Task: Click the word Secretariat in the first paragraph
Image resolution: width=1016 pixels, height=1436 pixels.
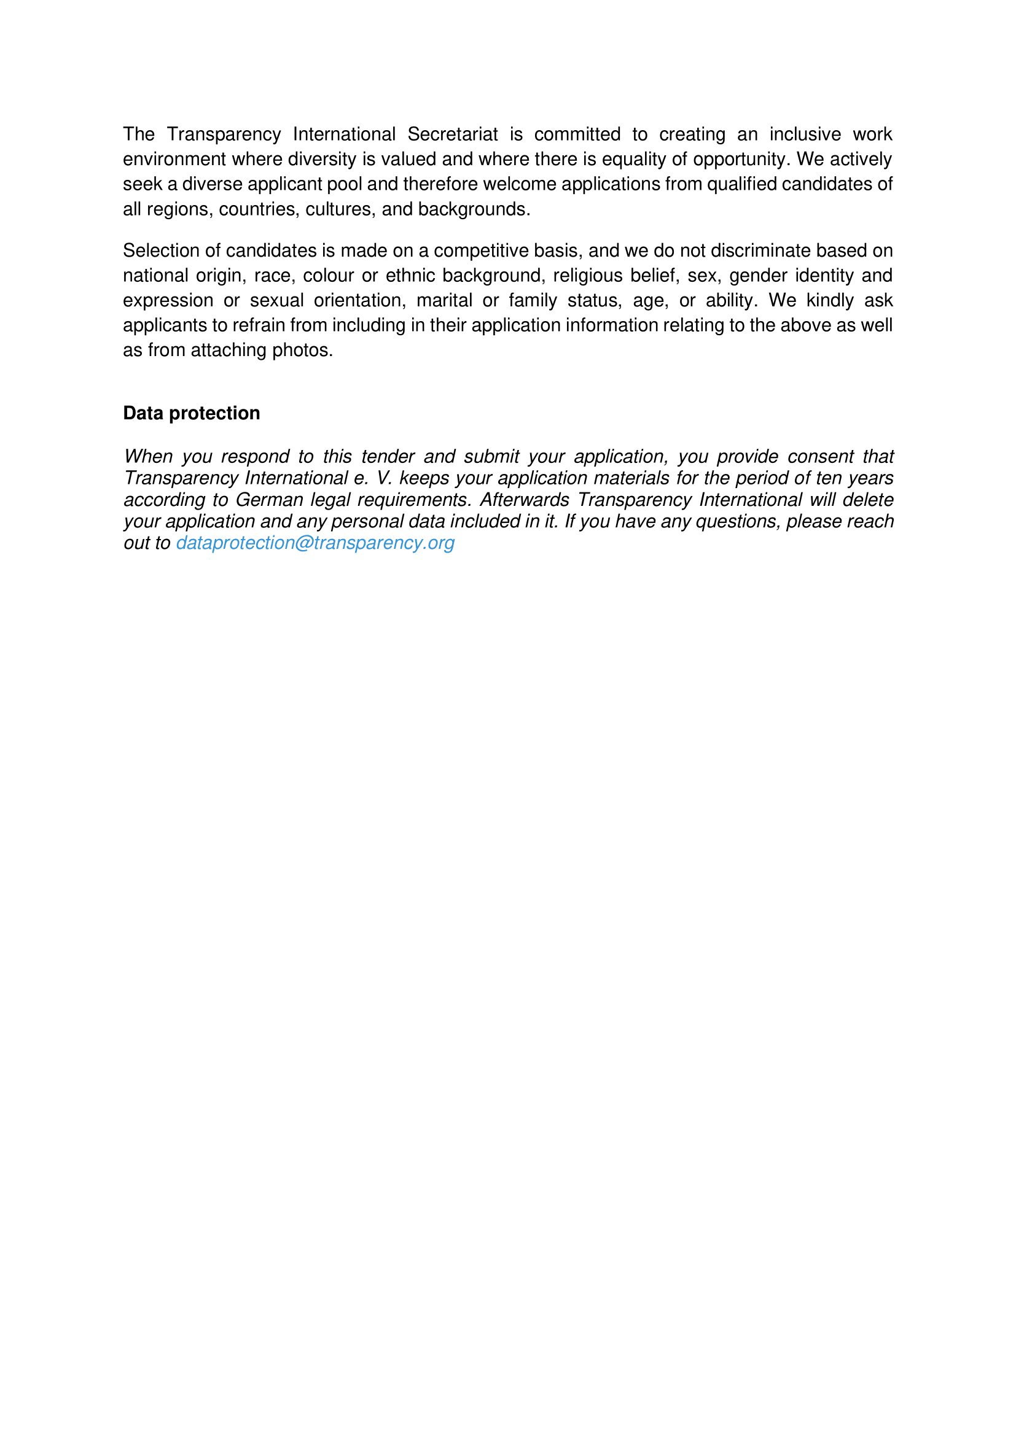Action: click(452, 134)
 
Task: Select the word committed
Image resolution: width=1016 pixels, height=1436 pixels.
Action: click(577, 134)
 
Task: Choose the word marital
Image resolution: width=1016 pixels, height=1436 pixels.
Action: click(444, 301)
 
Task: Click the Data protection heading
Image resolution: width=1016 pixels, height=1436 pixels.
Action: click(192, 413)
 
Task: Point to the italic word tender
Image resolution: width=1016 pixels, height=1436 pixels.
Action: click(388, 457)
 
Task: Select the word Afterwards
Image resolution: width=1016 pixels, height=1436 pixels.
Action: click(524, 500)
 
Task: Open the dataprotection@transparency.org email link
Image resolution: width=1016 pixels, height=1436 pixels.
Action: click(315, 543)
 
